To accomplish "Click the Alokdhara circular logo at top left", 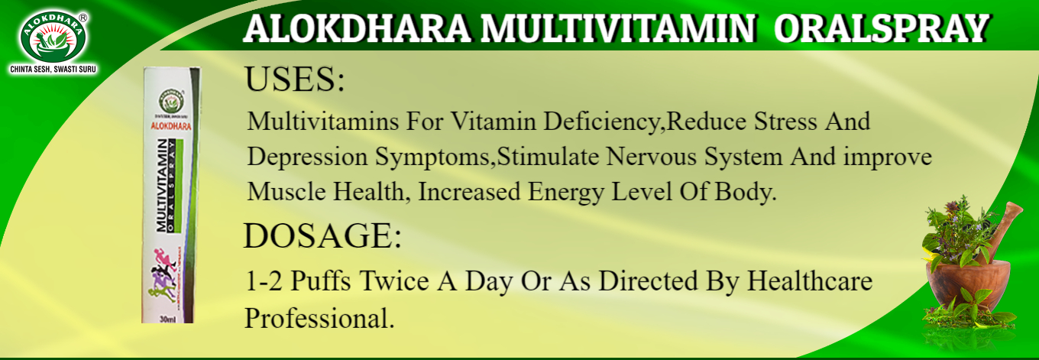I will click(x=53, y=35).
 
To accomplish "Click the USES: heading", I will click(x=295, y=80).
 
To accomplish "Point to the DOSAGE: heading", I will click(x=322, y=237).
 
